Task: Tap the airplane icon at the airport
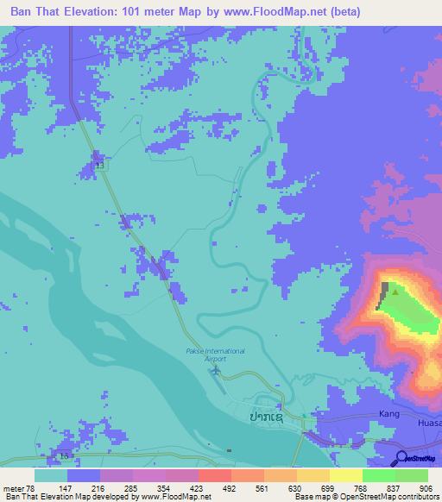216,370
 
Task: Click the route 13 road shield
99,164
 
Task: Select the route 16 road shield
63,455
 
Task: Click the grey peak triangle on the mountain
395,292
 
